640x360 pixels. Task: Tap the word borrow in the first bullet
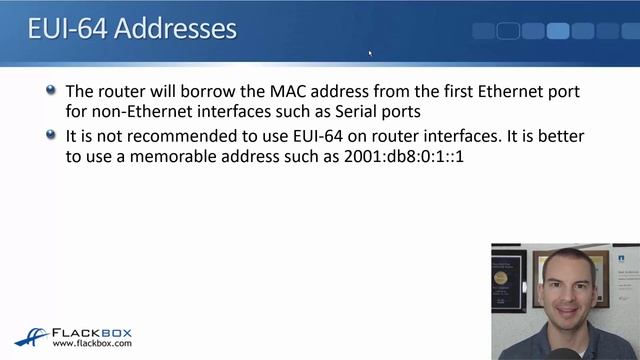[x=198, y=92]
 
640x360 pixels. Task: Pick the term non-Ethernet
[x=141, y=111]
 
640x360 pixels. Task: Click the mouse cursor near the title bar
[x=370, y=54]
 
